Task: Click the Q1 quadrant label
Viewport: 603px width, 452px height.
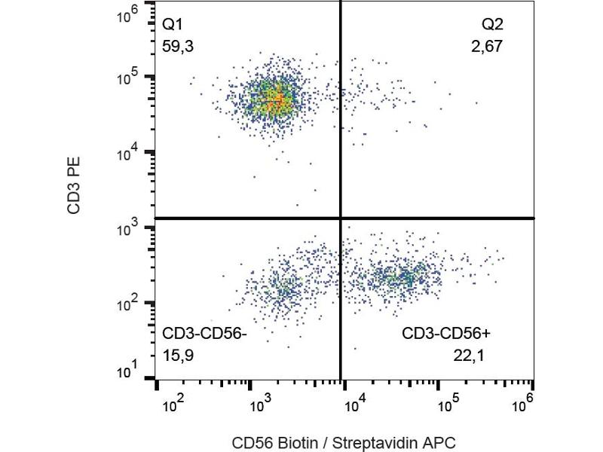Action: click(173, 26)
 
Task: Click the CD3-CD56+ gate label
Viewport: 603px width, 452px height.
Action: click(447, 332)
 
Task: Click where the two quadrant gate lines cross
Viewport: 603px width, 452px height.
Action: click(341, 218)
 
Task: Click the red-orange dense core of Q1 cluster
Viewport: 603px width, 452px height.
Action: click(278, 99)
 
